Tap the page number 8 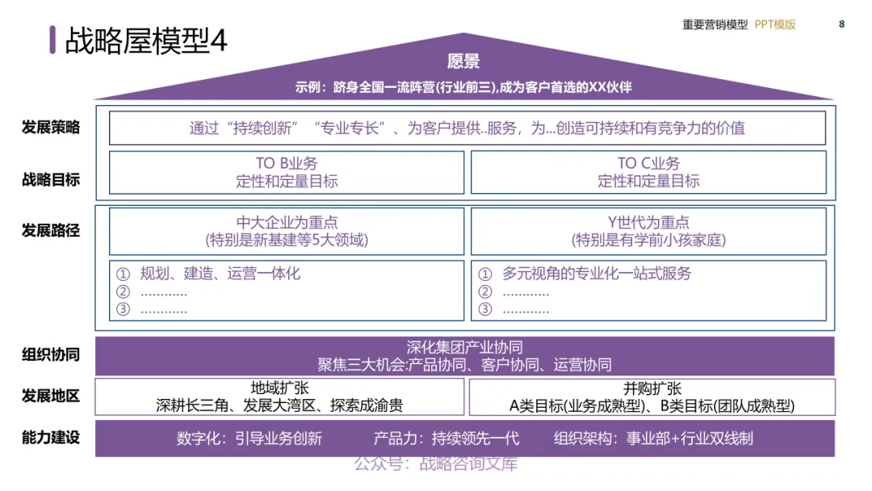(841, 24)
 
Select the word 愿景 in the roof (463, 61)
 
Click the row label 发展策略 (51, 127)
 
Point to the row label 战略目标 (51, 179)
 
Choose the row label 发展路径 (51, 230)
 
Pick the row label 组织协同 (51, 355)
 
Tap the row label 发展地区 (51, 396)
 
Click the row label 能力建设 (51, 438)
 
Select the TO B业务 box (287, 172)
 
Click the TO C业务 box (648, 172)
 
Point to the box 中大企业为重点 (287, 231)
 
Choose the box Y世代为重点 (648, 231)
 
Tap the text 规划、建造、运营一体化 (220, 274)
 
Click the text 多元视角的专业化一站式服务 (597, 274)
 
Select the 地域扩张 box (280, 397)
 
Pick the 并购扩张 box (652, 397)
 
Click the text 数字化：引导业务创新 (249, 439)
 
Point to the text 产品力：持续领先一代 (446, 439)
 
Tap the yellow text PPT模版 (775, 24)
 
